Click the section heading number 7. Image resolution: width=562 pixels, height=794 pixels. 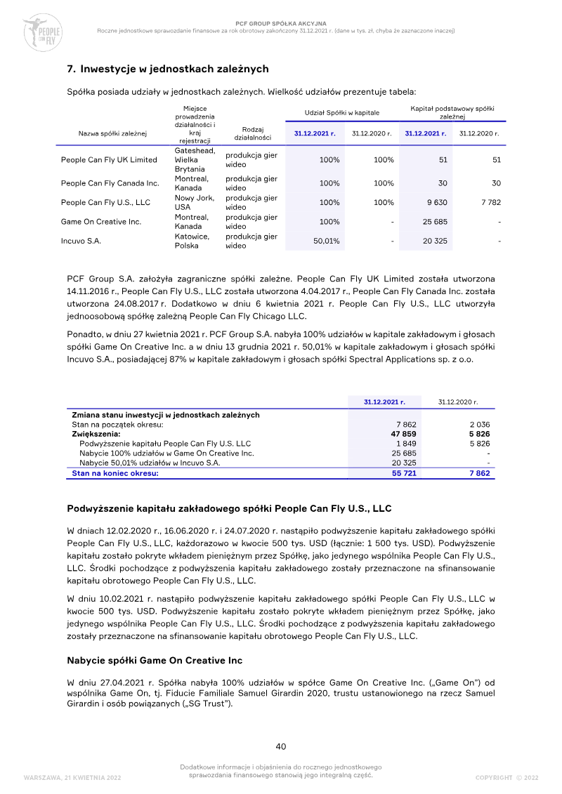click(70, 69)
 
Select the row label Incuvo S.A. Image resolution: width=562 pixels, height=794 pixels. click(81, 241)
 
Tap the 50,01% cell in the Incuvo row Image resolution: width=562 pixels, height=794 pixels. click(326, 241)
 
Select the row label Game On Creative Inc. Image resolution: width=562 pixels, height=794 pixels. click(101, 222)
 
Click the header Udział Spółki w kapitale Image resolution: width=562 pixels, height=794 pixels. click(341, 112)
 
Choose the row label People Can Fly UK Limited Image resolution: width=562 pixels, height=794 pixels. click(109, 159)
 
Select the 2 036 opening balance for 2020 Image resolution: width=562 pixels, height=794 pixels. click(479, 425)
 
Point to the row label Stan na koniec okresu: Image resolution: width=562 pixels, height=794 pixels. click(115, 473)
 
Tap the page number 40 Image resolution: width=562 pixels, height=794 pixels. click(281, 746)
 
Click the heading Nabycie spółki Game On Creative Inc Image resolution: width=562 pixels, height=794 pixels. click(155, 661)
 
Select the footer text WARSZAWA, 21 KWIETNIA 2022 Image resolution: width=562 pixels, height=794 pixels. click(72, 777)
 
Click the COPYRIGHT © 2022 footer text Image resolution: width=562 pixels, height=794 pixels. click(507, 777)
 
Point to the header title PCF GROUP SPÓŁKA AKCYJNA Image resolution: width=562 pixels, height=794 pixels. click(280, 24)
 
